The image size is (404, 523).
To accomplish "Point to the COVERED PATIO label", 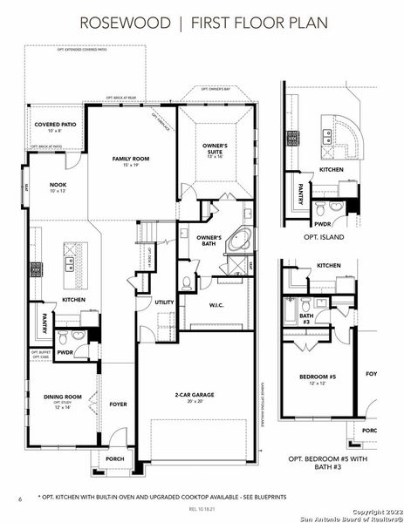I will [x=55, y=126].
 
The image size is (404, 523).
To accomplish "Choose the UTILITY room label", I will [x=165, y=302].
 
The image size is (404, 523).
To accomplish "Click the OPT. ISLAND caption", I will [x=324, y=236].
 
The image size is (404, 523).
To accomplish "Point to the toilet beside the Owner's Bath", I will [x=188, y=282].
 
